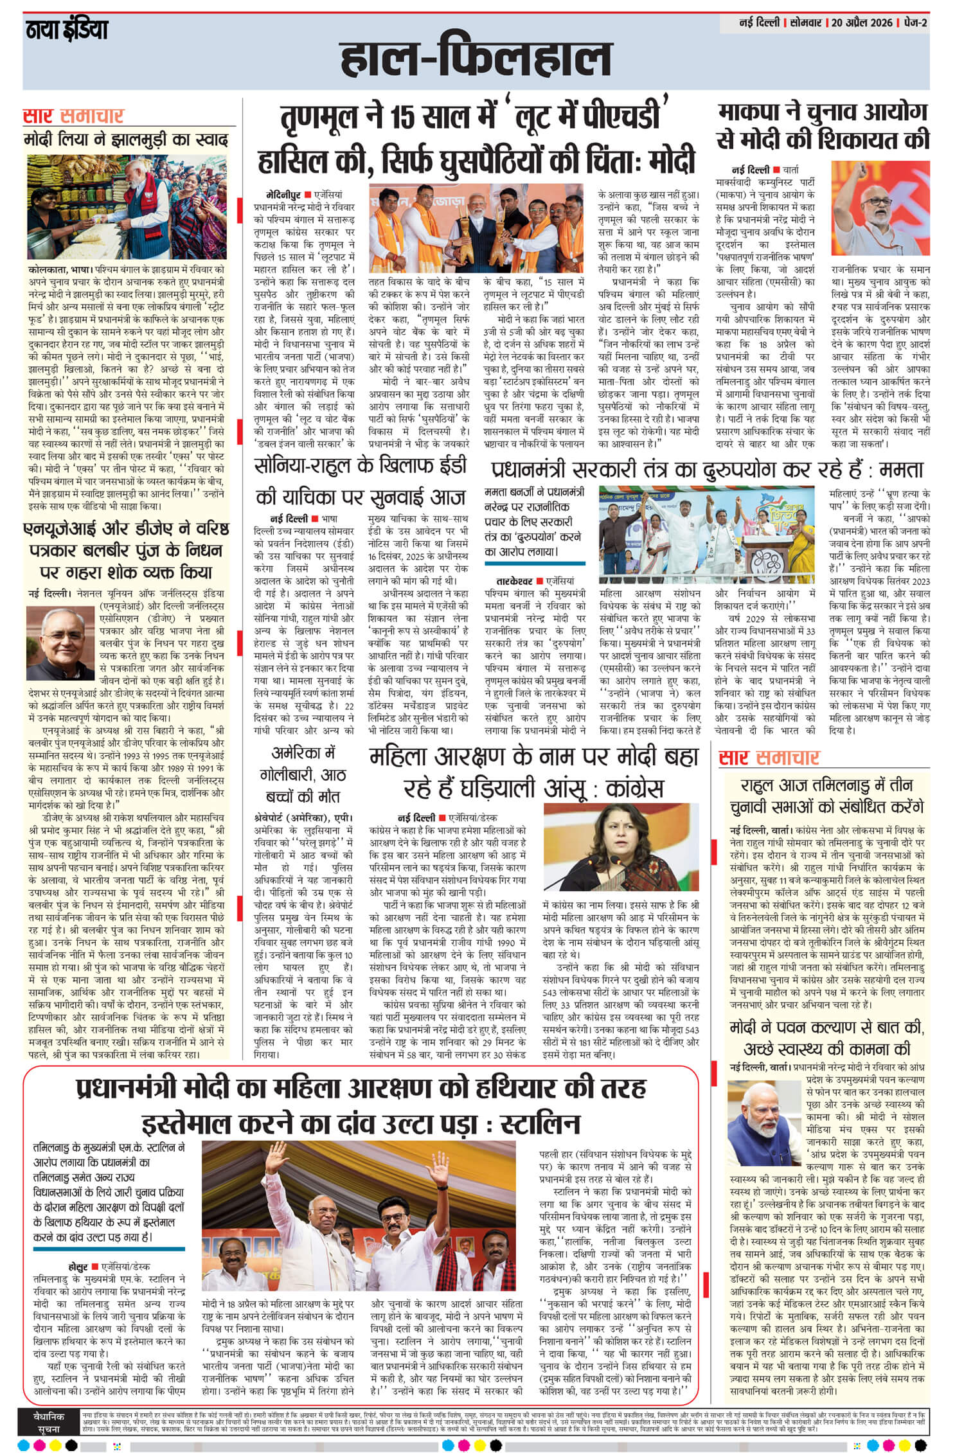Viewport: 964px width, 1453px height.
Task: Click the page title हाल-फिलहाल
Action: click(x=476, y=59)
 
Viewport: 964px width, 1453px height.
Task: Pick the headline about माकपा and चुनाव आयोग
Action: click(x=823, y=126)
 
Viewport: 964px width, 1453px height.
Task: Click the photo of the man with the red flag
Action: click(x=880, y=208)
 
